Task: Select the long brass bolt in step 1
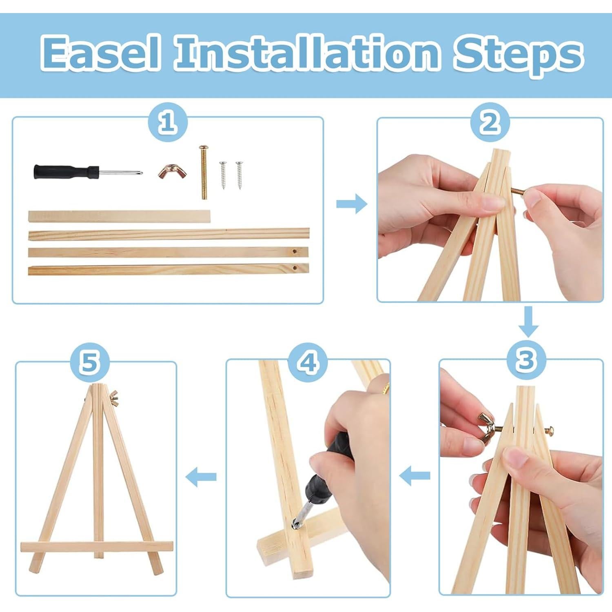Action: click(204, 172)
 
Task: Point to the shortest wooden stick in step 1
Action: click(119, 217)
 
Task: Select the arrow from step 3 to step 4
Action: click(415, 475)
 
